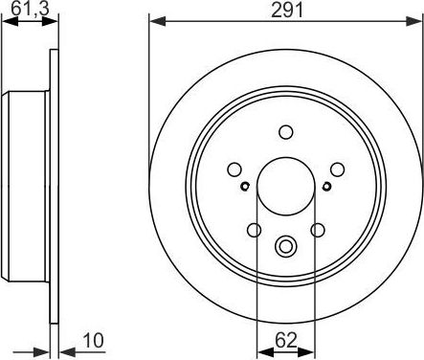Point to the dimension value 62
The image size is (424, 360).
pyautogui.click(x=285, y=339)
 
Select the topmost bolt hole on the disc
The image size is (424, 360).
pyautogui.click(x=285, y=133)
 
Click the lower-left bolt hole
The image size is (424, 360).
pyautogui.click(x=254, y=229)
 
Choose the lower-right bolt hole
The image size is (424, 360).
pyautogui.click(x=318, y=229)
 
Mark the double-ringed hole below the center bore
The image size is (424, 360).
pyautogui.click(x=285, y=246)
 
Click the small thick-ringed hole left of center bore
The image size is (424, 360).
pyautogui.click(x=246, y=187)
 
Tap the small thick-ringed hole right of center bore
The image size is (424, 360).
pyautogui.click(x=325, y=187)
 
